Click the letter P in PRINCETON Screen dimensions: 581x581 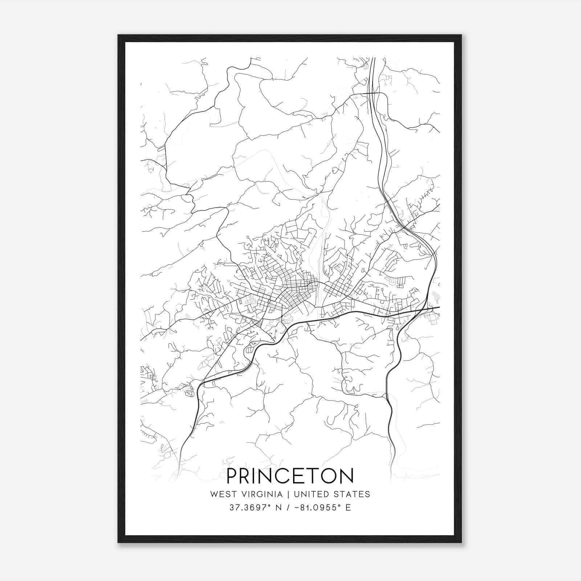[x=232, y=476]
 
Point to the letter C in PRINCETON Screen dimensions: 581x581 [x=281, y=476]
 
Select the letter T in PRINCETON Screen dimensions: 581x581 [x=313, y=476]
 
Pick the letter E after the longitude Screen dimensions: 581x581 [x=348, y=508]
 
